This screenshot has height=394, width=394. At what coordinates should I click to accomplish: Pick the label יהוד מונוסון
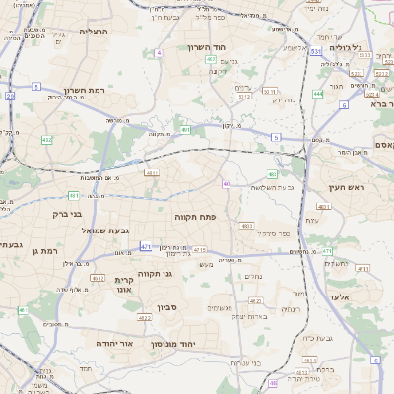tap(204, 343)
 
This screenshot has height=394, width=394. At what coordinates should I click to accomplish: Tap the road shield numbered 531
tap(315, 50)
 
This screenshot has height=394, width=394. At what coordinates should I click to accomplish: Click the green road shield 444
tap(318, 94)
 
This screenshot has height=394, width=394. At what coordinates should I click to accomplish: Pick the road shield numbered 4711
tap(362, 268)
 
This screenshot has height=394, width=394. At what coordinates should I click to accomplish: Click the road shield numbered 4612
tap(98, 278)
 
